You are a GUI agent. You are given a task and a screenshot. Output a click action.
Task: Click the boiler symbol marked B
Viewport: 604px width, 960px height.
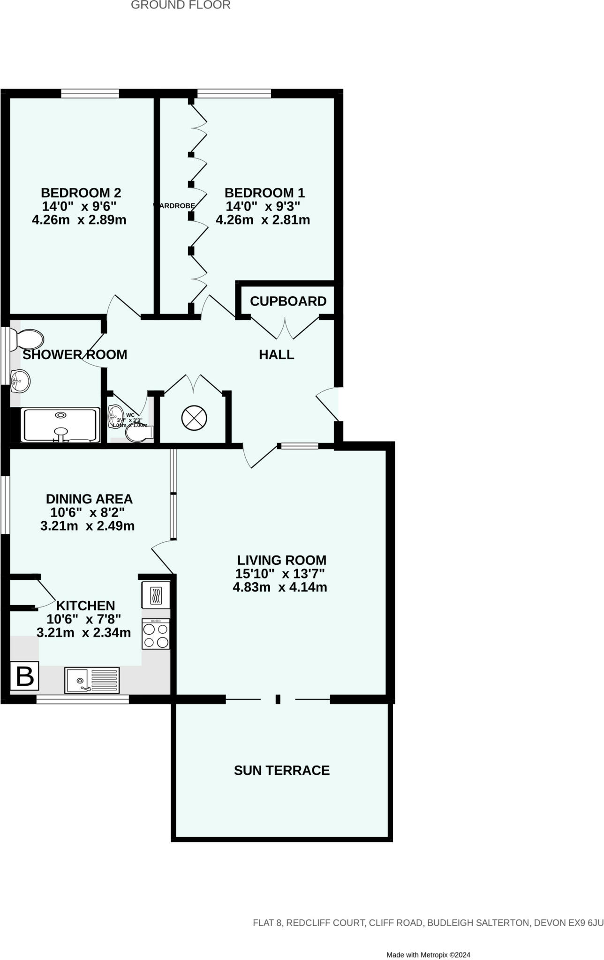point(24,676)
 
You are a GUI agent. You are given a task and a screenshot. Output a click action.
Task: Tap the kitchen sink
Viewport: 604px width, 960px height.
point(92,680)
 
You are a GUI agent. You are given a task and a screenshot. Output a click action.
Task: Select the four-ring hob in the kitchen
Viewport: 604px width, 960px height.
point(156,634)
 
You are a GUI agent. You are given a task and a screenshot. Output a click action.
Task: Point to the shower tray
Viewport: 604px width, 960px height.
point(60,425)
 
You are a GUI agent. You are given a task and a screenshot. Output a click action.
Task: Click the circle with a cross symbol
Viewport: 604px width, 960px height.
point(194,418)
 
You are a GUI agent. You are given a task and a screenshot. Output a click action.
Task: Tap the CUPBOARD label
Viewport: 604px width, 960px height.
point(288,301)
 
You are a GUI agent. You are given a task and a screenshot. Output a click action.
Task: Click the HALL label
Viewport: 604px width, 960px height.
point(277,355)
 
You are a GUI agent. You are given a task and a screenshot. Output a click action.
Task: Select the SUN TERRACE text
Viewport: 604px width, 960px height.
point(282,770)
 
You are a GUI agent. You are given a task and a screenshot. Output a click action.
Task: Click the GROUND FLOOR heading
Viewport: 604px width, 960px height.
point(181,5)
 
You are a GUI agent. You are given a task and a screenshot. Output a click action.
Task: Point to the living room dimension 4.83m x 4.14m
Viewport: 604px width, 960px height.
point(280,587)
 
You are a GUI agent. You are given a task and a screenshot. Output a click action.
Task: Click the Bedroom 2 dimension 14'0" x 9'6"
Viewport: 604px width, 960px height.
point(79,206)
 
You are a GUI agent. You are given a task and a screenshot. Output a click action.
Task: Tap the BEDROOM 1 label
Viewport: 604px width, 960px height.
point(264,193)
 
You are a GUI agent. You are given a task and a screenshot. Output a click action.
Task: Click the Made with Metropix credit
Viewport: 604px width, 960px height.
point(428,941)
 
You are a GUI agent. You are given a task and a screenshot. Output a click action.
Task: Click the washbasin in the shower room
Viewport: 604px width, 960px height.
point(20,380)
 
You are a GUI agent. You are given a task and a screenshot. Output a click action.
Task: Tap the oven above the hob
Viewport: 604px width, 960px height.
point(156,595)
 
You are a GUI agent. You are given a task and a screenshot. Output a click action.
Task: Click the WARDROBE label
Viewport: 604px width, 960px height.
point(174,206)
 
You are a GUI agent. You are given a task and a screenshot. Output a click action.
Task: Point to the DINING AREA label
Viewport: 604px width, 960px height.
point(89,499)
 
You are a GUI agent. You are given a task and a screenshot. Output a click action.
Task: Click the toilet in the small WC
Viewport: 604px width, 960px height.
point(139,435)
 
